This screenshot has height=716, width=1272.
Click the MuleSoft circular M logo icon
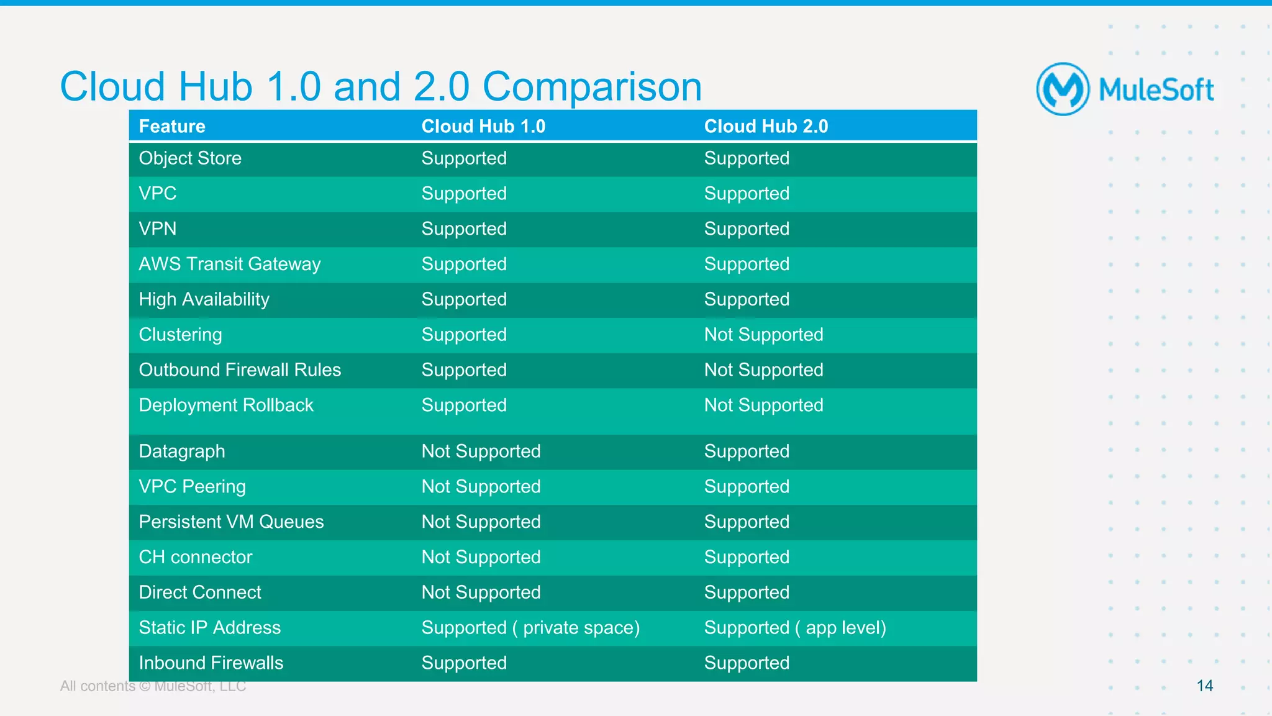pos(1063,89)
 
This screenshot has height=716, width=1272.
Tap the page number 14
pos(1204,686)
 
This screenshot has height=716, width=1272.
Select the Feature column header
pos(172,126)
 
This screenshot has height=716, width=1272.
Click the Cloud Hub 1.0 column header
pos(483,126)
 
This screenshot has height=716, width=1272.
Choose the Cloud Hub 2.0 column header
pos(766,126)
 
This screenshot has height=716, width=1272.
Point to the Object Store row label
pos(190,158)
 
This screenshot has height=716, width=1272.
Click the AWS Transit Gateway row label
pos(230,264)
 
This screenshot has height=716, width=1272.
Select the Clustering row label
pos(180,335)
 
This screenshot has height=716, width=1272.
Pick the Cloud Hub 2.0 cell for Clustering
pos(763,335)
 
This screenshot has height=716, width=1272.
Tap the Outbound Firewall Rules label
pos(240,370)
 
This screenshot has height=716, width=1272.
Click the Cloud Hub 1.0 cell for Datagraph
pos(481,451)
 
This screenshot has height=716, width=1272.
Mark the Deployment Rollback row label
pos(226,406)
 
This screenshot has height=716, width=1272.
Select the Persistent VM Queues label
pos(231,522)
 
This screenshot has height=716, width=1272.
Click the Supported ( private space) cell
pos(530,628)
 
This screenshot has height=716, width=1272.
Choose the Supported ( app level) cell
pos(795,628)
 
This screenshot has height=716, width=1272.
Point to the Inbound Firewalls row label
pos(211,663)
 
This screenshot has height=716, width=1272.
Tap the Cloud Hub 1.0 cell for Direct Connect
pos(481,592)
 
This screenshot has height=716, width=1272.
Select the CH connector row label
pos(196,557)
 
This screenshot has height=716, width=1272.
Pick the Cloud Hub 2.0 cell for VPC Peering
pos(747,487)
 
